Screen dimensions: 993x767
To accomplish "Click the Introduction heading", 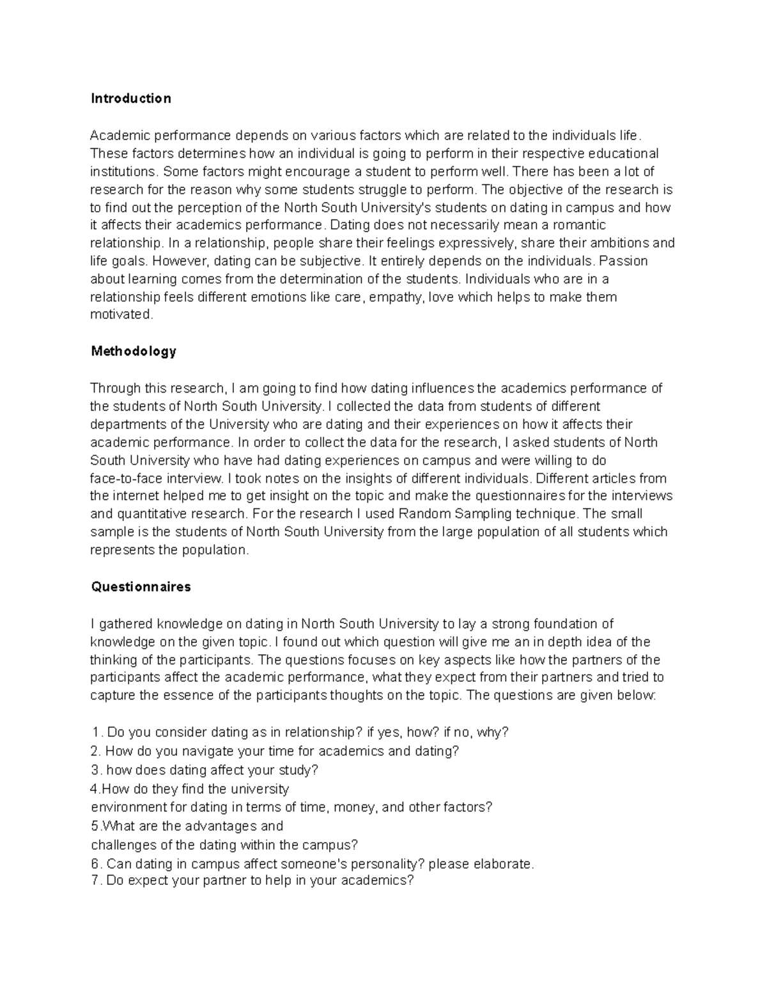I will tap(130, 98).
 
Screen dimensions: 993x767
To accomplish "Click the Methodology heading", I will tap(133, 351).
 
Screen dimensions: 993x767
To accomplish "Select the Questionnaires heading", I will tap(141, 586).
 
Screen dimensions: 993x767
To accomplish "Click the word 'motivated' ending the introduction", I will tap(121, 314).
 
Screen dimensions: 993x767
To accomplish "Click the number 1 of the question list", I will tap(95, 733).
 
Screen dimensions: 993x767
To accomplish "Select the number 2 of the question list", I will tap(95, 751).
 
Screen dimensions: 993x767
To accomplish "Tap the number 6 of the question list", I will tap(95, 864).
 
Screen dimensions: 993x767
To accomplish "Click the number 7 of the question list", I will tap(95, 880).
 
